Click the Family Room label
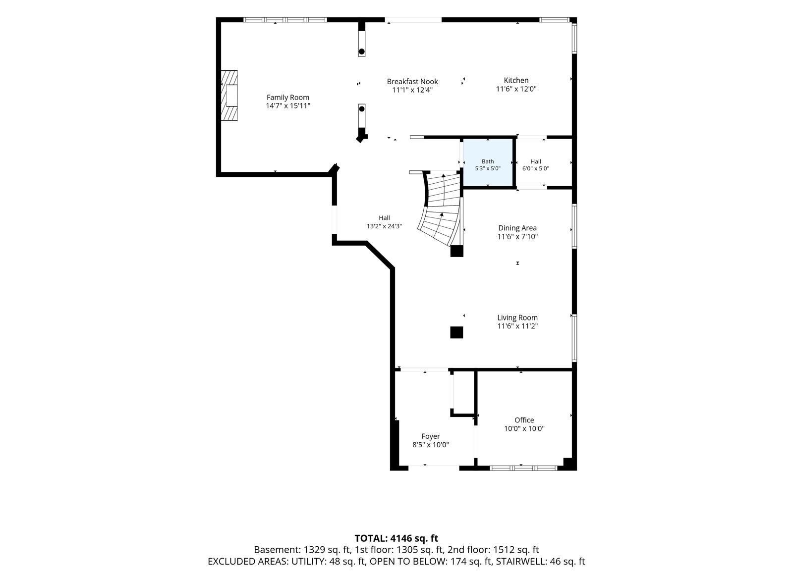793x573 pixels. point(288,97)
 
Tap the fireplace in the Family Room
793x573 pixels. point(229,96)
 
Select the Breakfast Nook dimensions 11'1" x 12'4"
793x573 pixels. point(412,90)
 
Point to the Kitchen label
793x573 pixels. point(516,80)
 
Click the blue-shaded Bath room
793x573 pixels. point(488,162)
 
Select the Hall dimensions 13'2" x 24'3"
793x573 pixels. point(384,226)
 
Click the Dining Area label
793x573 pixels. point(517,228)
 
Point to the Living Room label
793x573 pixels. point(517,317)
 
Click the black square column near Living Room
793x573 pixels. point(456,332)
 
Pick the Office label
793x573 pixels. point(524,420)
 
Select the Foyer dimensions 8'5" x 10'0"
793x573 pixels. point(431,445)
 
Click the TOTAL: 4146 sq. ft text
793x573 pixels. point(396,538)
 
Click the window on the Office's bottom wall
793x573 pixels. point(523,469)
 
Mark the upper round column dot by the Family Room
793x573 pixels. point(361,52)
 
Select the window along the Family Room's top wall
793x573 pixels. point(285,20)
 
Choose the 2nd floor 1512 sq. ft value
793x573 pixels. point(516,550)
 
